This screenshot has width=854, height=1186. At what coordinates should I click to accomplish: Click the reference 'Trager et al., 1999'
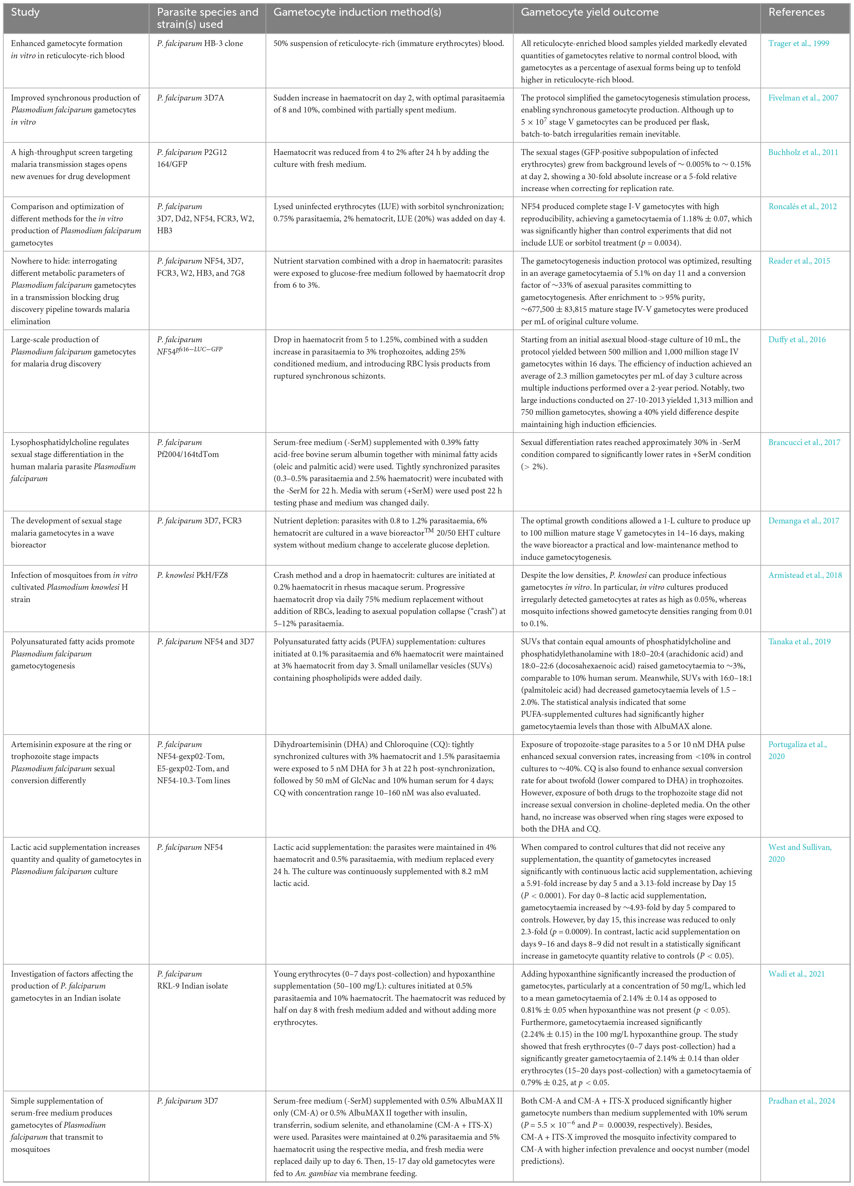(799, 43)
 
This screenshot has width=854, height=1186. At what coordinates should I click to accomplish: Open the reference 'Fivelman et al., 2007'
(803, 98)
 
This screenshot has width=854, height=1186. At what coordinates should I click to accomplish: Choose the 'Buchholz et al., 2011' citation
(803, 152)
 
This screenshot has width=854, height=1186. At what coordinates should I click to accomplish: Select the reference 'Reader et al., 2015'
(799, 261)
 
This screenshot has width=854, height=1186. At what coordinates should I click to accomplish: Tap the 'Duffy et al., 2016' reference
(797, 339)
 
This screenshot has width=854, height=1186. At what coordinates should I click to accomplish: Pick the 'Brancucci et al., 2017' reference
(804, 442)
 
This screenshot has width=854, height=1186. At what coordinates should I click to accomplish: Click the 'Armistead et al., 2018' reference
(805, 575)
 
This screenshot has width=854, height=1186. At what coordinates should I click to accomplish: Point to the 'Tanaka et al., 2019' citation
(799, 642)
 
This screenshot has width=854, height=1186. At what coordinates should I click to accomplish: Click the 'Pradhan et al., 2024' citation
(802, 1101)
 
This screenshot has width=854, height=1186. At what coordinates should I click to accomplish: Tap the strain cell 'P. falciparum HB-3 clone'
(200, 43)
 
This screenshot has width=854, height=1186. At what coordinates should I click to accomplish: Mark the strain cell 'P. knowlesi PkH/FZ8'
(192, 575)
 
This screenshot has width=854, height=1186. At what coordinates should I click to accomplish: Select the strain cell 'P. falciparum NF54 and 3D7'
(205, 642)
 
